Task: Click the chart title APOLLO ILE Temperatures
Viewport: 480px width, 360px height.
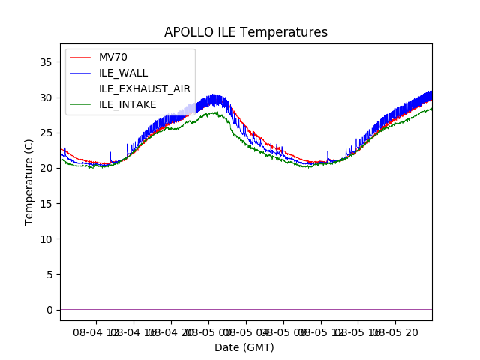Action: [x=246, y=32]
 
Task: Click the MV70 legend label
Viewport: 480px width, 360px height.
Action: [x=114, y=57]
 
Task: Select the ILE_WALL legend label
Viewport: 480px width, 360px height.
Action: [x=123, y=73]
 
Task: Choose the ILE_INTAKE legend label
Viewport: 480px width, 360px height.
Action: [x=127, y=104]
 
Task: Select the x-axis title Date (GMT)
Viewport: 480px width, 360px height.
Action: [x=244, y=347]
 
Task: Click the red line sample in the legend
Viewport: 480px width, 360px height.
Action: [x=81, y=57]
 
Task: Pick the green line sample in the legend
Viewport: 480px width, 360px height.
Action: [x=81, y=104]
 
